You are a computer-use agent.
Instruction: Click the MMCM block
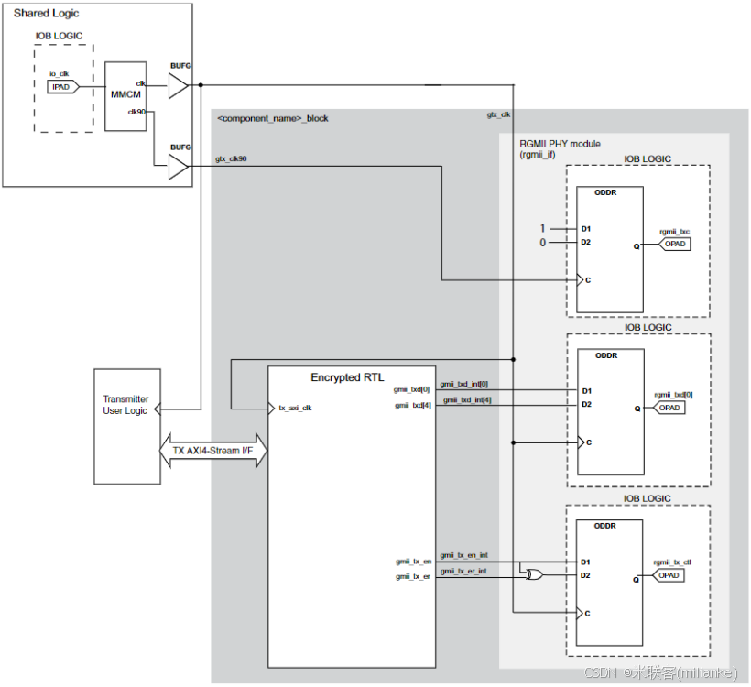pos(125,96)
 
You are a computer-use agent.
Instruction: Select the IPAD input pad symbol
pos(62,87)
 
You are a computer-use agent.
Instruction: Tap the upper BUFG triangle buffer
pos(179,86)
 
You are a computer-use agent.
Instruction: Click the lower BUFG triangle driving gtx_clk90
pos(179,167)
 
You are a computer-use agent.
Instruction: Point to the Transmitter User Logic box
pos(126,426)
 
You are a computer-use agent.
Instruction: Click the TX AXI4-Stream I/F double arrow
pos(214,450)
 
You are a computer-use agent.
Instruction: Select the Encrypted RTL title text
pos(347,377)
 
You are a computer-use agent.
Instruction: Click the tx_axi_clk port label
pos(295,408)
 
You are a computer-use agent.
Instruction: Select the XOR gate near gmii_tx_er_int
pos(530,575)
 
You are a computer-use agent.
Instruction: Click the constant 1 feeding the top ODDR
pos(542,228)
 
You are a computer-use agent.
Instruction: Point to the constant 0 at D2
pos(542,243)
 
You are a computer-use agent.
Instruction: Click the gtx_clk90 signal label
pos(231,158)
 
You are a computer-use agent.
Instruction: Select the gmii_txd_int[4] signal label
pos(466,399)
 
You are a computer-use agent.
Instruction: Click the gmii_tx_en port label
pos(414,561)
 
